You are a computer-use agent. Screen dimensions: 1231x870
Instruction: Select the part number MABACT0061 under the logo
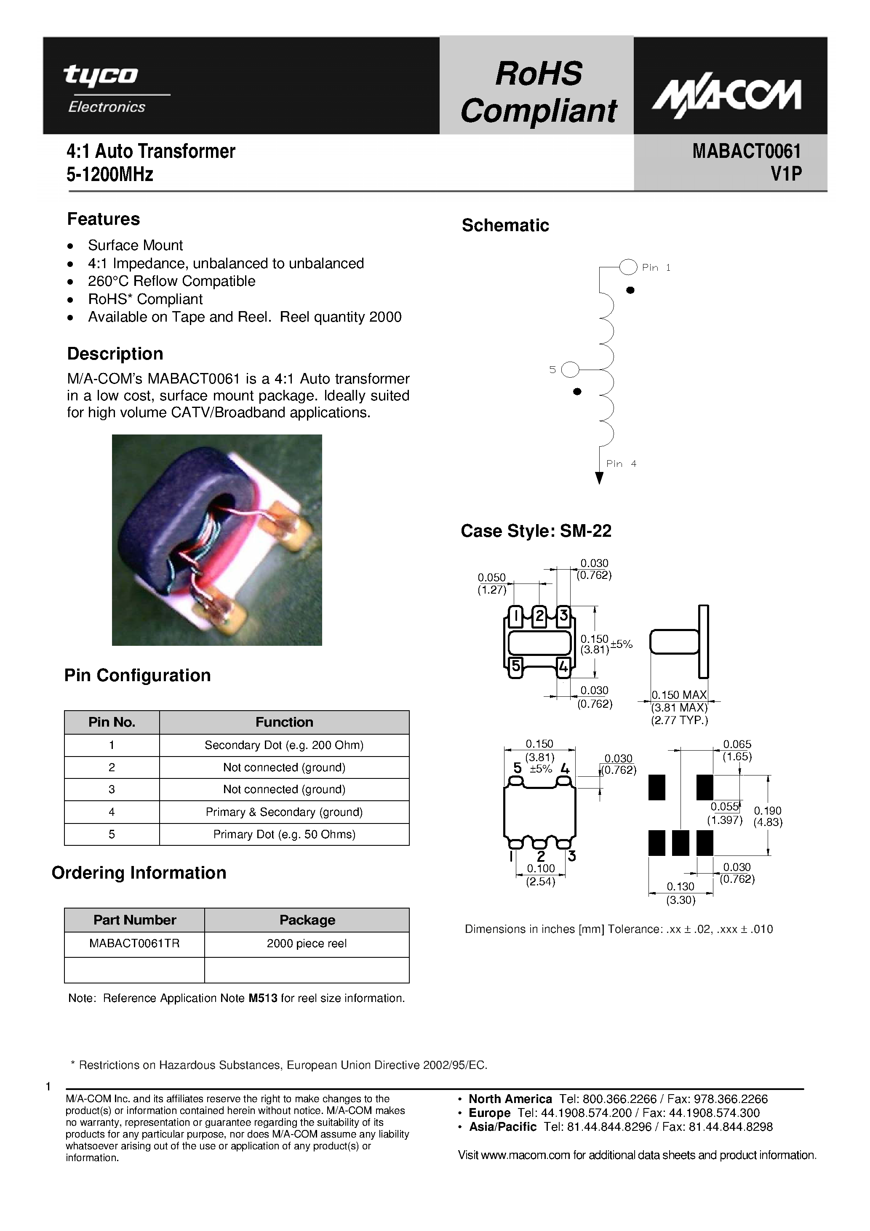coord(746,152)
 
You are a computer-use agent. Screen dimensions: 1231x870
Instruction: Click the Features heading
coord(103,219)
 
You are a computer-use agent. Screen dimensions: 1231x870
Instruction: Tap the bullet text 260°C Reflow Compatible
coord(172,281)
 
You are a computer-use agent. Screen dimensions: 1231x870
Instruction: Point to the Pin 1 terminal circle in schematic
coord(627,266)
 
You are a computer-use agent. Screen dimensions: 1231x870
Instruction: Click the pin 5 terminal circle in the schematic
coord(570,369)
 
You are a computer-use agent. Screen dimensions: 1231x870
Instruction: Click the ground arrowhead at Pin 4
coord(599,478)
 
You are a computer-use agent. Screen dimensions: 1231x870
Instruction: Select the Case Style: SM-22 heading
coord(535,531)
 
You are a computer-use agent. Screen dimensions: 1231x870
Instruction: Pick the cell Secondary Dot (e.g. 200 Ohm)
coord(284,745)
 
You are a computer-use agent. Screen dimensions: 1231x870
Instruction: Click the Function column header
coord(284,722)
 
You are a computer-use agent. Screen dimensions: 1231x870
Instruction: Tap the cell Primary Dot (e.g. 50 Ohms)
coord(284,834)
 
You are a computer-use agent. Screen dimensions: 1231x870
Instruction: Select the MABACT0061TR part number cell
coord(134,943)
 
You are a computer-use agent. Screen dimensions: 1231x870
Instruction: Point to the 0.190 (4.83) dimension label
coord(768,817)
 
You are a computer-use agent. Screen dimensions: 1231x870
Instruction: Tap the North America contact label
coord(510,1099)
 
